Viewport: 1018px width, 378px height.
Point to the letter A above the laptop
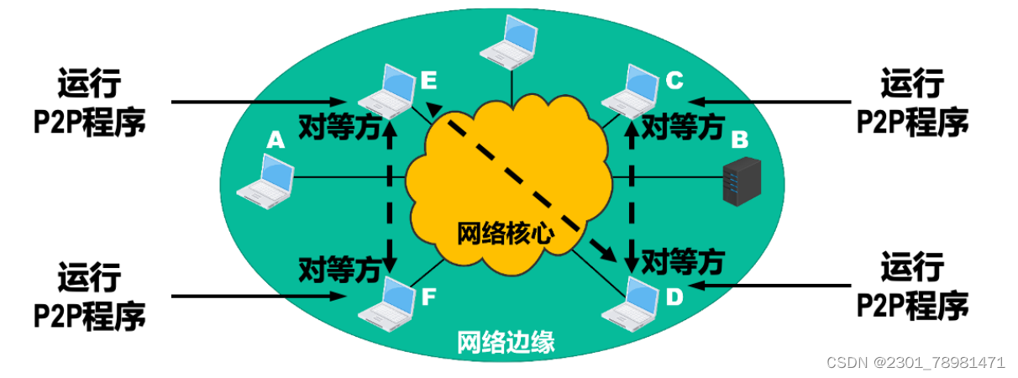(x=275, y=140)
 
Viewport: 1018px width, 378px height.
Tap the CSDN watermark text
(x=916, y=362)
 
